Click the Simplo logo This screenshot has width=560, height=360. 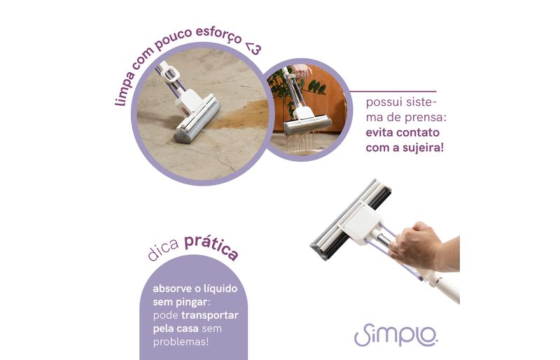click(395, 335)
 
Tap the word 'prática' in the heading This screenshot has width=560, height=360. click(211, 247)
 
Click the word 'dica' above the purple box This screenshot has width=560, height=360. click(162, 249)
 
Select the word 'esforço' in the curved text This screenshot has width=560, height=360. click(218, 35)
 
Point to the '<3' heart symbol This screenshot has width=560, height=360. click(253, 48)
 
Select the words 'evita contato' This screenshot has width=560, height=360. click(402, 132)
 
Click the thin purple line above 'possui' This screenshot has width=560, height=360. click(393, 92)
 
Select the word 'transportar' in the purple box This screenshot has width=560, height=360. click(209, 315)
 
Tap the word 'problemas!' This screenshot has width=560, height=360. click(181, 342)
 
